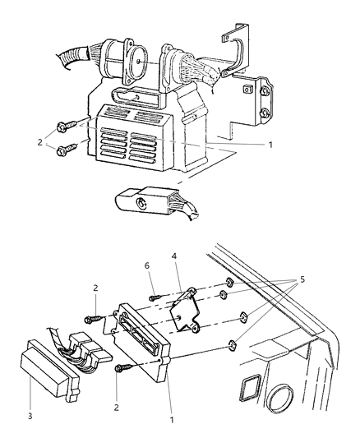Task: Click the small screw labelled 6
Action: coord(155,297)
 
